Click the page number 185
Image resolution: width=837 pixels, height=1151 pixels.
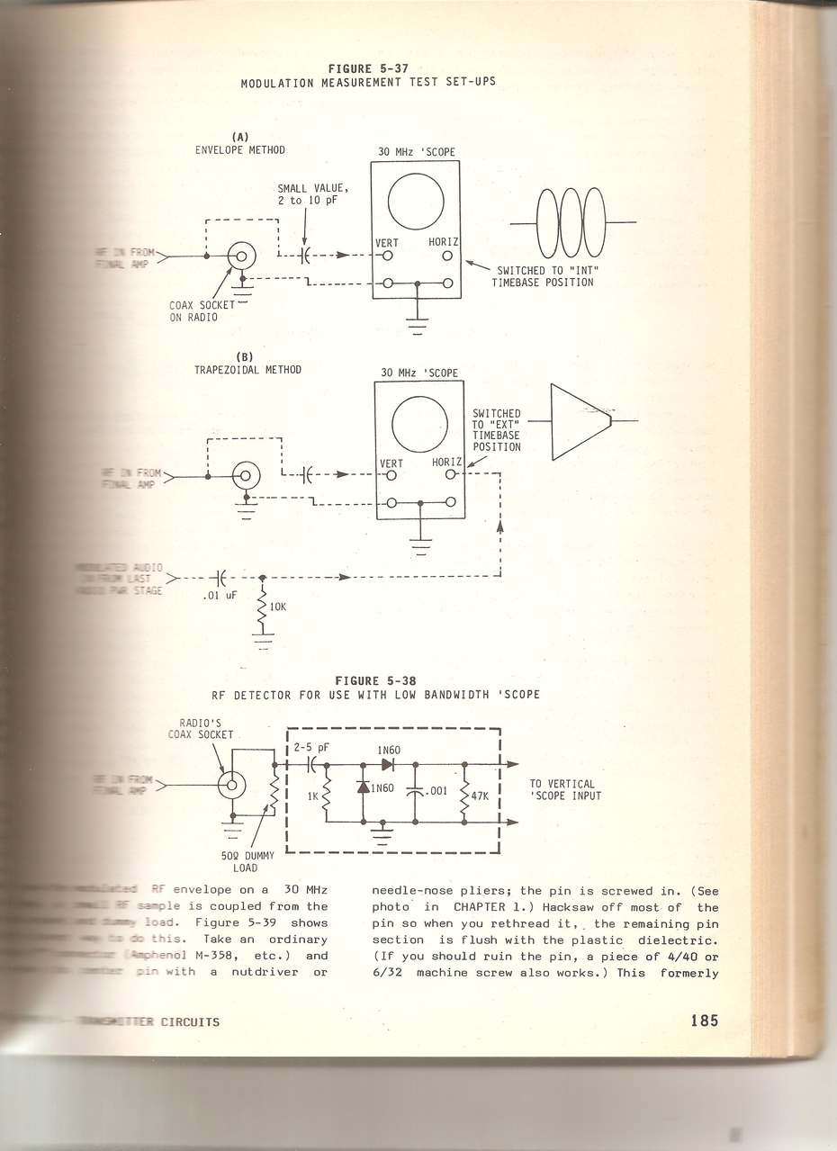pyautogui.click(x=705, y=1021)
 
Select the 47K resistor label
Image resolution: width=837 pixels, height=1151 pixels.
pyautogui.click(x=480, y=796)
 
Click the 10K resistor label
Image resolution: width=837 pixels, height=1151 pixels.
pyautogui.click(x=278, y=607)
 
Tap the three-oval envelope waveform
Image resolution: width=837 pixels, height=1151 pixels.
pyautogui.click(x=572, y=222)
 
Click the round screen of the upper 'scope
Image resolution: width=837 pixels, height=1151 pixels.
pyautogui.click(x=416, y=201)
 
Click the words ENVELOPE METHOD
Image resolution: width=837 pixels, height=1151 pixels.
pyautogui.click(x=240, y=150)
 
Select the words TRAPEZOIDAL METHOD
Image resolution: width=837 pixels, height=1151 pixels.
pyautogui.click(x=248, y=369)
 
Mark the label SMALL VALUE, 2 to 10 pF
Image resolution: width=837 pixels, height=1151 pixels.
pyautogui.click(x=313, y=193)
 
